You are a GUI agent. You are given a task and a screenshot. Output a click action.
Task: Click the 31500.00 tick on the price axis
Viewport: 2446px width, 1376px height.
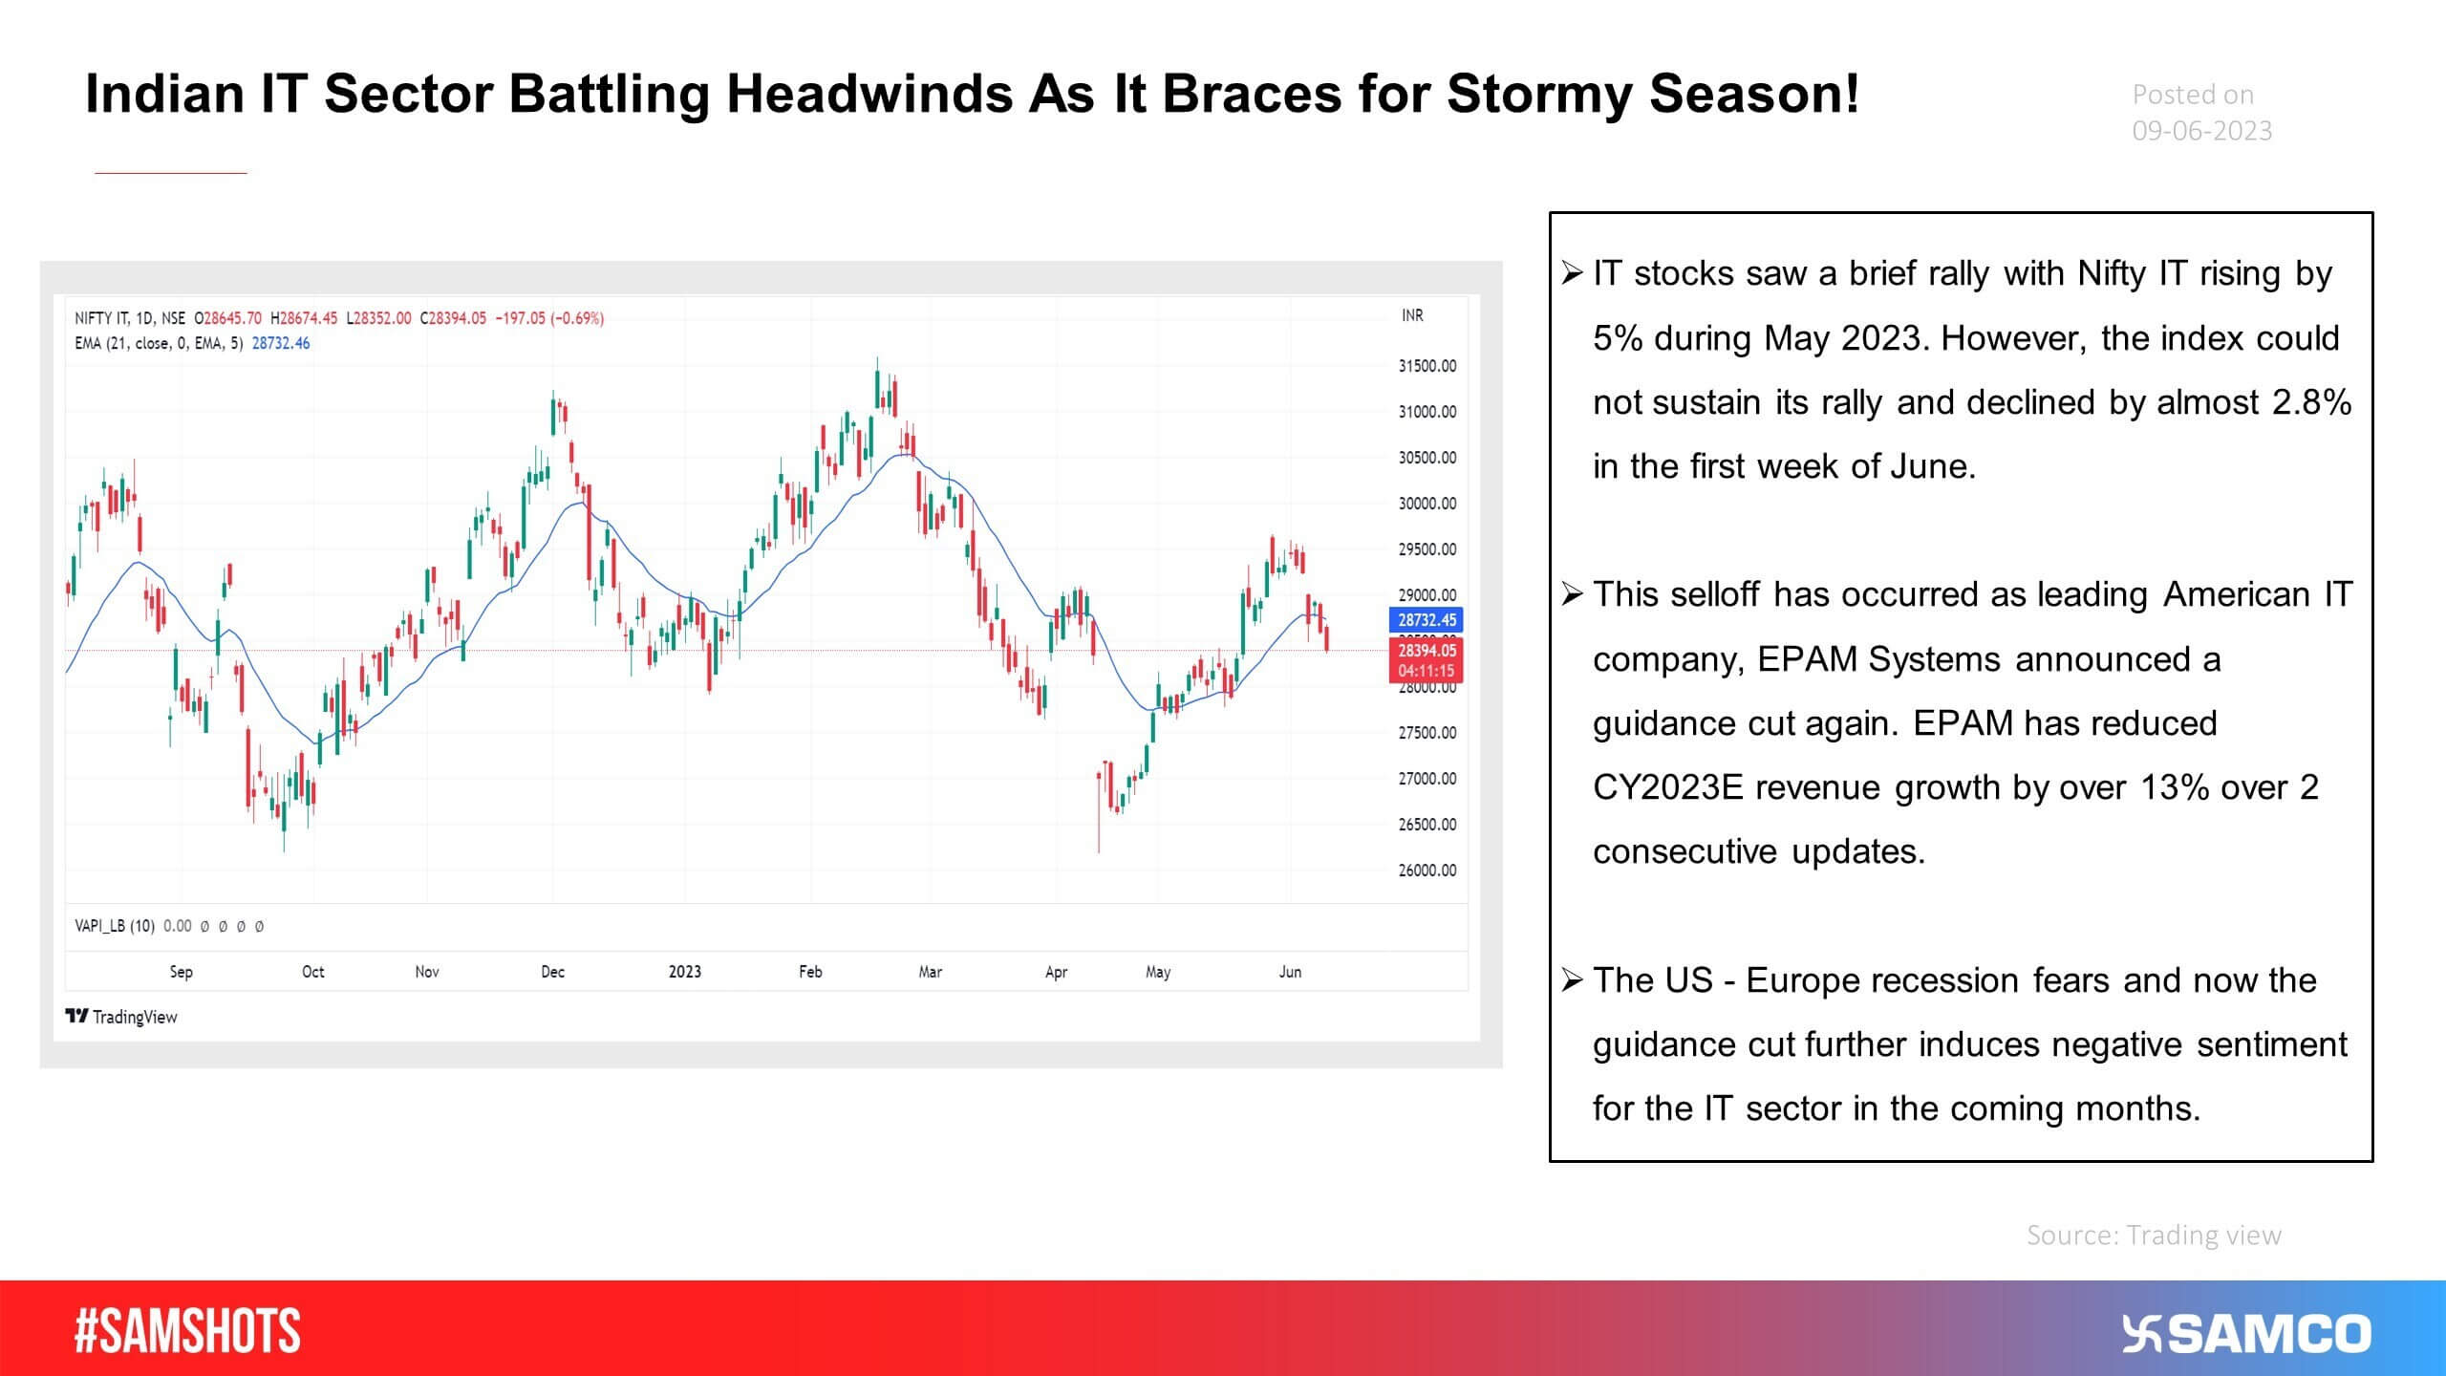pos(1427,366)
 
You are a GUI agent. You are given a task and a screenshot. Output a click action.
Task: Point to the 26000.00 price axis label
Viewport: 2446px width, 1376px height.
pos(1427,871)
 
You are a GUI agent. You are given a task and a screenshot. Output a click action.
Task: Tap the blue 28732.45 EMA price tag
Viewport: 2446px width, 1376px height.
pos(1427,620)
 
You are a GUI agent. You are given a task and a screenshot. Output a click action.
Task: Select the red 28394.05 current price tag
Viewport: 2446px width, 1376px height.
pos(1427,651)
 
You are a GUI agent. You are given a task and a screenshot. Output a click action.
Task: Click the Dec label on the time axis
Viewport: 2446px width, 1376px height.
pos(552,972)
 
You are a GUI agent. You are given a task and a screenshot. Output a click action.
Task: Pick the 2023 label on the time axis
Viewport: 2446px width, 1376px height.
pos(684,972)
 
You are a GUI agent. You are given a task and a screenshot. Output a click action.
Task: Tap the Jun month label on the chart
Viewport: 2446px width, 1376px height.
pos(1290,972)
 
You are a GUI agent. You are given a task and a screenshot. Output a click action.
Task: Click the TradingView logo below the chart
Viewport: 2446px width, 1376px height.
pos(121,1017)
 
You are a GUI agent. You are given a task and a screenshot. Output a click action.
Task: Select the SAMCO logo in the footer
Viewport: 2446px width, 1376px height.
pos(2246,1334)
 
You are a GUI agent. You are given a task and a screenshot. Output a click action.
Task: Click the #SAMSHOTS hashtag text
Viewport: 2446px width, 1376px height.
pos(187,1332)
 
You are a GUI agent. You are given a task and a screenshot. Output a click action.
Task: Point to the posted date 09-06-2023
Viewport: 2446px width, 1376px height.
pos(2201,131)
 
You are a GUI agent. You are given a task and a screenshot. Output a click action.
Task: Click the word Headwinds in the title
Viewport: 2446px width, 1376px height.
pos(869,95)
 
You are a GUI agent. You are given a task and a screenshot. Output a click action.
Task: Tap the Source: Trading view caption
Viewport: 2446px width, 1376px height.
pos(2154,1236)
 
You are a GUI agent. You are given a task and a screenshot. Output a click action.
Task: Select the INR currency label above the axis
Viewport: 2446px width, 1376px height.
pos(1412,315)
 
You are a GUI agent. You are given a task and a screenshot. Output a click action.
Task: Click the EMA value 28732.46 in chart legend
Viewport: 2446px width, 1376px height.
pos(281,343)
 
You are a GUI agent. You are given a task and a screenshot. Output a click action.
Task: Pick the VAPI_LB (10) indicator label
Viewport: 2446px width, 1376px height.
pos(115,926)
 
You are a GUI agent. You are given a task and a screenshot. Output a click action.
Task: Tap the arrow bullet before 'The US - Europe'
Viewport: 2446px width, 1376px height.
pos(1572,980)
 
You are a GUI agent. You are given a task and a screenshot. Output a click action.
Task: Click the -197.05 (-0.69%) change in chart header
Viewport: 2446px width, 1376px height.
pos(549,318)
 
